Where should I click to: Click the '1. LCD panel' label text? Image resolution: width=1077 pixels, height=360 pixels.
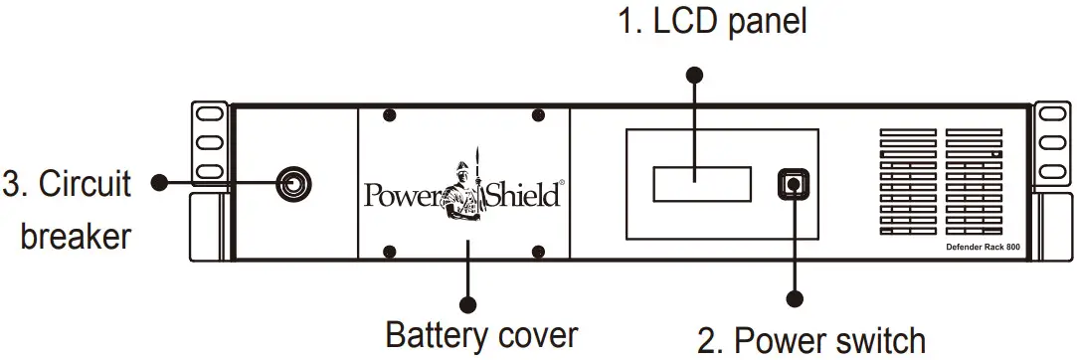point(712,22)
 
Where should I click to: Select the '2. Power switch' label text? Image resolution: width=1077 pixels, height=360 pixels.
point(811,339)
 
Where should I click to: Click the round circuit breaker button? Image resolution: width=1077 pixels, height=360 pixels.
point(294,183)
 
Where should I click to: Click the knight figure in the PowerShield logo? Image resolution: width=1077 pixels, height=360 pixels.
point(465,189)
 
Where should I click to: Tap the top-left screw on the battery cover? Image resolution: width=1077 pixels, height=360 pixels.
point(390,116)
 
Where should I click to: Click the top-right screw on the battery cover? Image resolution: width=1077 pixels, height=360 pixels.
point(538,116)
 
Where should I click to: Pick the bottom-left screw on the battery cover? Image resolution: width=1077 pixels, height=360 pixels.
point(390,250)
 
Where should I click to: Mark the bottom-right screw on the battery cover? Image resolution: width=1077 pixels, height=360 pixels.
point(538,250)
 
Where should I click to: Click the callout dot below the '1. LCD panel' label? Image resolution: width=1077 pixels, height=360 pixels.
point(695,75)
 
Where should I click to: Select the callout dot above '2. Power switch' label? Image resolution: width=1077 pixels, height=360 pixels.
point(794,297)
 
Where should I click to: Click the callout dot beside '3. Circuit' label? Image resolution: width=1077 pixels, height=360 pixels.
point(156,183)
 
